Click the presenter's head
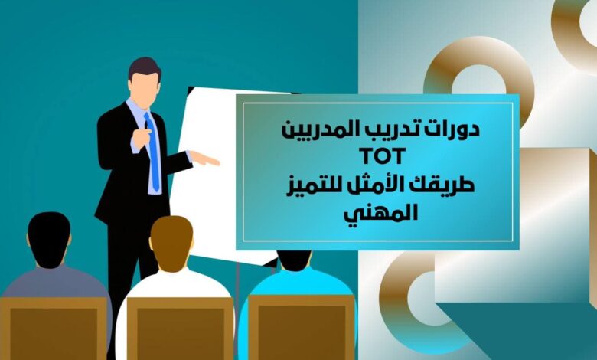tap(145, 80)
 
